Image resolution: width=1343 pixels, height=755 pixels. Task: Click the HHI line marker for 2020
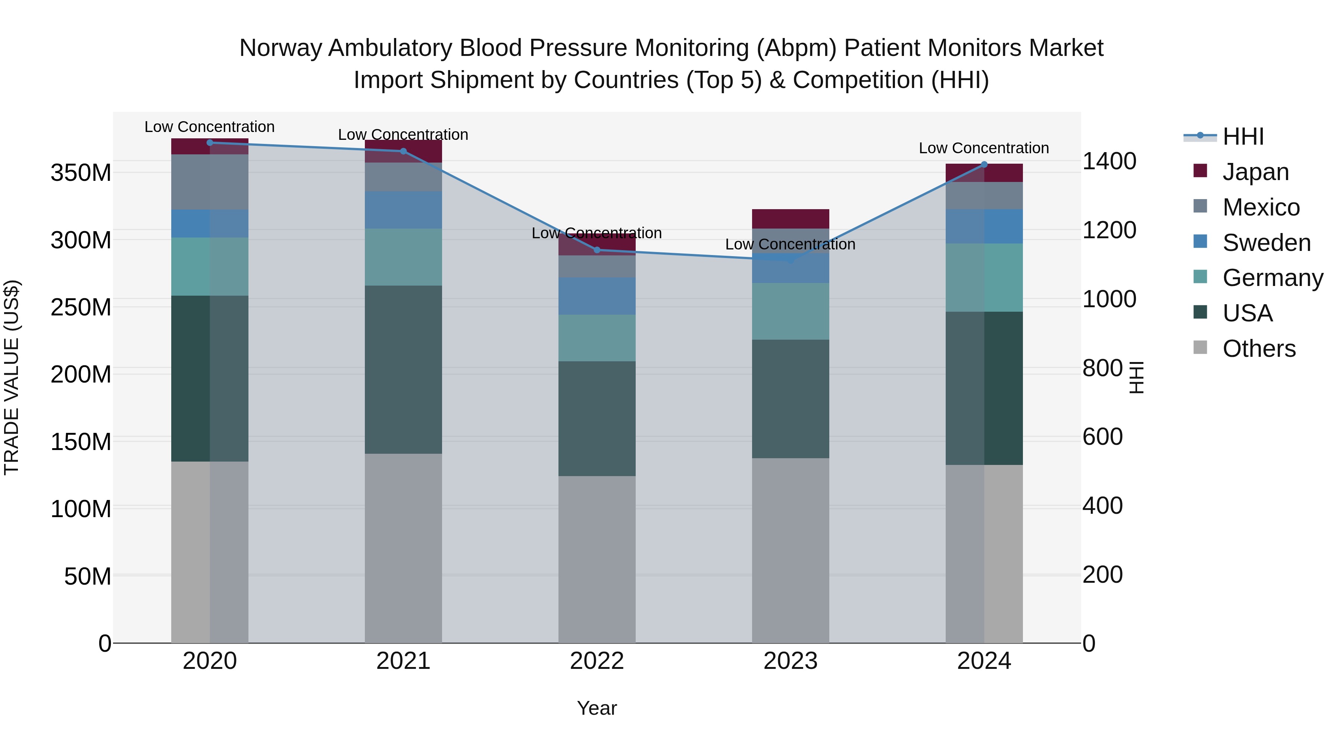pos(210,142)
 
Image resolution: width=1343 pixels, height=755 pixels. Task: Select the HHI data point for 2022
pos(597,250)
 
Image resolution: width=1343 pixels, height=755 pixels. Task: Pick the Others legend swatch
pos(1200,347)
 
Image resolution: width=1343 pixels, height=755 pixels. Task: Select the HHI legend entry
pos(1243,136)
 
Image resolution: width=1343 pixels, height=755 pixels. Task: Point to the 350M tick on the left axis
pos(81,173)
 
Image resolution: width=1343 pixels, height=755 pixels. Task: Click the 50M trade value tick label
pos(88,577)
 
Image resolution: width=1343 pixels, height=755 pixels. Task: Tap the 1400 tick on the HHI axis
pos(1109,161)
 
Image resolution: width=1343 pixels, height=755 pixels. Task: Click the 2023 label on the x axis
pos(791,661)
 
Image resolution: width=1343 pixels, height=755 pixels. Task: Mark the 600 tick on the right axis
pos(1102,437)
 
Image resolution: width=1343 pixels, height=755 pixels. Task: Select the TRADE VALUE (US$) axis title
pos(12,377)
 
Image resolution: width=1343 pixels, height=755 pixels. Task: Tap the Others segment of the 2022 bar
pos(597,559)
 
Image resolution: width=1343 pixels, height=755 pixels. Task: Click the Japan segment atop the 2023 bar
pos(791,219)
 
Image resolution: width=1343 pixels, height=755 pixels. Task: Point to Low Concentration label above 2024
pos(984,148)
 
